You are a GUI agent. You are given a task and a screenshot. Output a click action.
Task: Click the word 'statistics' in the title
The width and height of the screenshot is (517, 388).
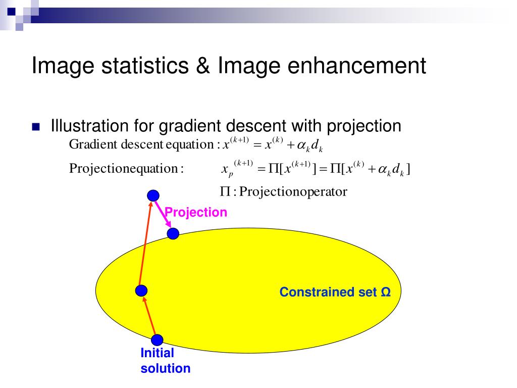(145, 65)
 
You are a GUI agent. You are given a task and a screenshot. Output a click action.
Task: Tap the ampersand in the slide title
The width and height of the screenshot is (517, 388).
(203, 65)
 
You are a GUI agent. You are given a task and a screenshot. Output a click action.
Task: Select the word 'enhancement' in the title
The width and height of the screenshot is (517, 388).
(357, 65)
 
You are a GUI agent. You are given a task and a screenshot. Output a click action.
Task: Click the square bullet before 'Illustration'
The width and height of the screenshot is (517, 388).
(36, 127)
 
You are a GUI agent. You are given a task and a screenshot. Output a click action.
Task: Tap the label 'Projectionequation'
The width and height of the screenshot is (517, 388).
(124, 168)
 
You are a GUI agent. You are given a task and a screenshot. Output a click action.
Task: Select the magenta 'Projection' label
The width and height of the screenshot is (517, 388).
(195, 212)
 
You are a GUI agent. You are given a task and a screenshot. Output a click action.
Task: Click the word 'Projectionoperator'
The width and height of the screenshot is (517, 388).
(293, 191)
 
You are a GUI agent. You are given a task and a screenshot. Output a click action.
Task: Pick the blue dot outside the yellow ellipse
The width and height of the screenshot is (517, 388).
(153, 196)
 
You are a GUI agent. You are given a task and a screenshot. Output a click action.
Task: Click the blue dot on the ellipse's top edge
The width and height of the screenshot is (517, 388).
(173, 233)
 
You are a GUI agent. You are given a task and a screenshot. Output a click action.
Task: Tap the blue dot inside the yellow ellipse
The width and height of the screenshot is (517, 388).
(141, 290)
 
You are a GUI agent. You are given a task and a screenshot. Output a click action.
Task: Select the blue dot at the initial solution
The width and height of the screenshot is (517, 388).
(157, 340)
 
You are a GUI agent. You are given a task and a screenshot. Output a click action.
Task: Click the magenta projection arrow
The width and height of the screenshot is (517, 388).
(163, 214)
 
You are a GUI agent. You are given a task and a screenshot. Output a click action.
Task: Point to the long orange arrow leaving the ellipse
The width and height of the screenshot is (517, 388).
(145, 243)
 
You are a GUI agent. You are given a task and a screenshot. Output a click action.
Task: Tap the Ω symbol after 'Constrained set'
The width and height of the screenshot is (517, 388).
(386, 292)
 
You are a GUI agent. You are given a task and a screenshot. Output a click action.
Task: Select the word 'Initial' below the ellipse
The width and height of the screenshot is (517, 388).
(158, 353)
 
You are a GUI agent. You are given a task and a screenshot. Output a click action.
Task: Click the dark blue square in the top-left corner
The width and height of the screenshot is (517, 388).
(11, 11)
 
